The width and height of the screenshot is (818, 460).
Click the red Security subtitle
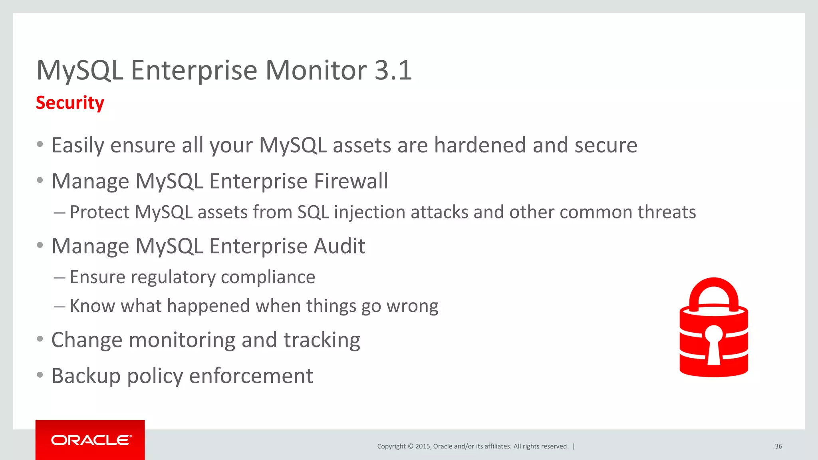[x=70, y=103]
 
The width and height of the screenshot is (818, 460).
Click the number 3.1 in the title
[x=393, y=70]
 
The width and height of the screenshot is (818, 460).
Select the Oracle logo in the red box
[x=91, y=440]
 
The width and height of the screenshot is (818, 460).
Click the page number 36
[x=778, y=446]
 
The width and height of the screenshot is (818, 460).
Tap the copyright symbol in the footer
[x=410, y=446]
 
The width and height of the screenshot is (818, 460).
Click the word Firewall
[x=351, y=181]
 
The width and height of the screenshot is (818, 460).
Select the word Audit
[x=339, y=246]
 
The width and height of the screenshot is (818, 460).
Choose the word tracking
[x=322, y=340]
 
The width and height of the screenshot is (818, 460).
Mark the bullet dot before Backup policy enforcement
[x=40, y=375]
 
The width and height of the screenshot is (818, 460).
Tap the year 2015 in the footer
[x=423, y=446]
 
